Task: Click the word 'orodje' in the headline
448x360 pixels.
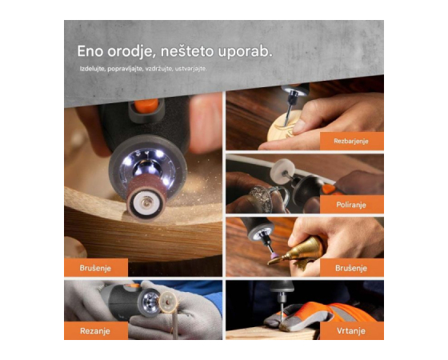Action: click(x=130, y=52)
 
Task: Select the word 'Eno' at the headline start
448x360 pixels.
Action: click(x=90, y=51)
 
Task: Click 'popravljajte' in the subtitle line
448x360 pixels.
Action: click(x=125, y=69)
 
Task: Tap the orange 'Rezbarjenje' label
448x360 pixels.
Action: click(x=351, y=141)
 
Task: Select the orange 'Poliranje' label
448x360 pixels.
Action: click(x=351, y=205)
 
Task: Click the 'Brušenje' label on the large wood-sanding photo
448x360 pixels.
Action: click(x=96, y=268)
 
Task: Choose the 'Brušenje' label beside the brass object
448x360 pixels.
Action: click(x=351, y=268)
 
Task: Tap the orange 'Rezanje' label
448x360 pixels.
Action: click(x=96, y=331)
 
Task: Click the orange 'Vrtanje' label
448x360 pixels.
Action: click(x=351, y=331)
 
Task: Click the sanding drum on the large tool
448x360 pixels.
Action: click(x=146, y=201)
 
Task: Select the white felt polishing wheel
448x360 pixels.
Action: click(x=280, y=170)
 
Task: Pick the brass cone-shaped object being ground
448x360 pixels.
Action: click(x=301, y=250)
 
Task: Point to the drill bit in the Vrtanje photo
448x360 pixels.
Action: click(x=282, y=312)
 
